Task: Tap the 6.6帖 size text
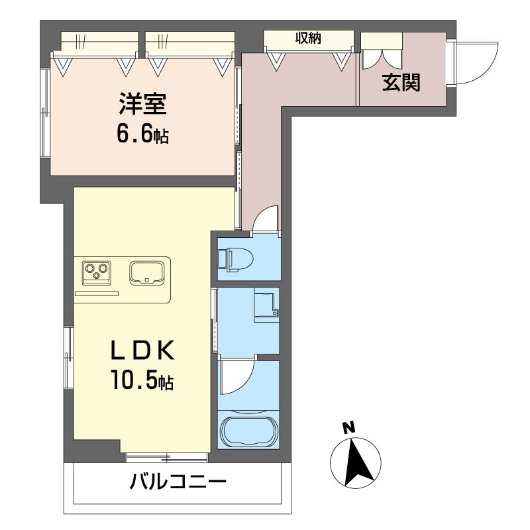point(142,134)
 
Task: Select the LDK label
point(142,350)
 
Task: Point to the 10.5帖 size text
point(142,380)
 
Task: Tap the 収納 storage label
point(308,38)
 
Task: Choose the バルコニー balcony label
point(178,482)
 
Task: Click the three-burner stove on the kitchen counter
point(97,272)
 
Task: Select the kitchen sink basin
point(147,272)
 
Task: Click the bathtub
point(249,431)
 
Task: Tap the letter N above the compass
point(349,428)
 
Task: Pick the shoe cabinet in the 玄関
point(382,51)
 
